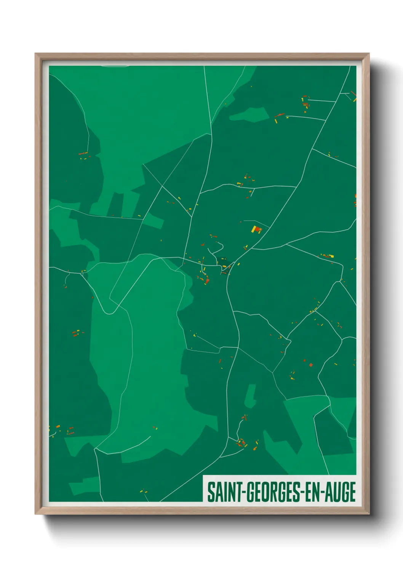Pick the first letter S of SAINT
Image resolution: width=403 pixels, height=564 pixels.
click(x=210, y=492)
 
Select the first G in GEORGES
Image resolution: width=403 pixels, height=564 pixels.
click(x=248, y=492)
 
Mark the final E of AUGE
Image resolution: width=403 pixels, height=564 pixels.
click(x=352, y=492)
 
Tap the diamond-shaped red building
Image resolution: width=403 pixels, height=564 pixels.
click(x=311, y=365)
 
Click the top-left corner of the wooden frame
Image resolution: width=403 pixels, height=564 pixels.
click(x=35, y=54)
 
